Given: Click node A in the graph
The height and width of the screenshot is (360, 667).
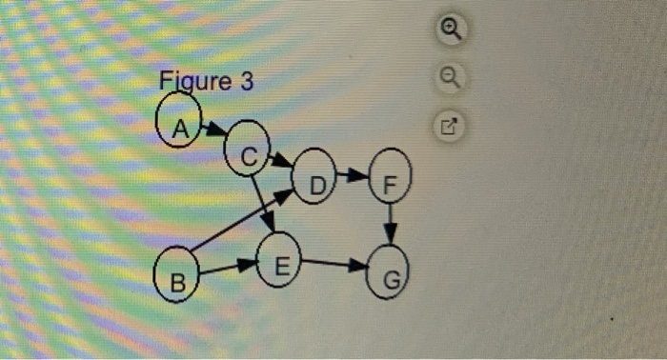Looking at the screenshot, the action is [x=176, y=128].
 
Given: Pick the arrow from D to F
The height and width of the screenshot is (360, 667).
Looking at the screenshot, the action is [x=354, y=175].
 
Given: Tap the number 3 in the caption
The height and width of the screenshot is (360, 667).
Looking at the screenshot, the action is [x=247, y=83].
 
